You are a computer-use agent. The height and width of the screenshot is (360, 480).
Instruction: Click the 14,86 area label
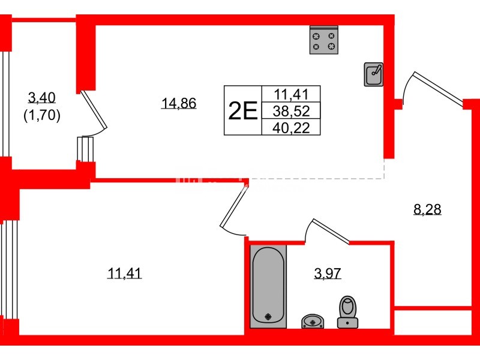(x=179, y=103)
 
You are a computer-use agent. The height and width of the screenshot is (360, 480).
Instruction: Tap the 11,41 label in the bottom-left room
(x=125, y=274)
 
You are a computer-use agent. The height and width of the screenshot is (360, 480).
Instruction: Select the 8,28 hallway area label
(x=428, y=209)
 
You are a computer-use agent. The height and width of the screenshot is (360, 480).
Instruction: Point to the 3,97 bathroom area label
(x=327, y=274)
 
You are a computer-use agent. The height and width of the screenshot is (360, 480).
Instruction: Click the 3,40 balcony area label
(x=41, y=96)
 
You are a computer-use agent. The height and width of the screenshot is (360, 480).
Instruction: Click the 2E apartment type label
(x=242, y=111)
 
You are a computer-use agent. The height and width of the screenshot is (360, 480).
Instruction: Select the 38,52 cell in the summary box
(x=291, y=110)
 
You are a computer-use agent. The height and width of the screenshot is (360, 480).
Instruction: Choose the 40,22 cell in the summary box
(x=291, y=127)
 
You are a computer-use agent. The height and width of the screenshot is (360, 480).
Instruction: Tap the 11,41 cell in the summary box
(x=291, y=94)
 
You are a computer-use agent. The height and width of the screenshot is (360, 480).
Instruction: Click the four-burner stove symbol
(x=323, y=40)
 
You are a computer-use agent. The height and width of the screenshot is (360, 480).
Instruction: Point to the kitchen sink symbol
(x=374, y=74)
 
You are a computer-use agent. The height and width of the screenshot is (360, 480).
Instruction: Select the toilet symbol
(x=347, y=313)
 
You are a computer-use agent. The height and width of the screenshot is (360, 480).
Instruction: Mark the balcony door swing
(x=94, y=114)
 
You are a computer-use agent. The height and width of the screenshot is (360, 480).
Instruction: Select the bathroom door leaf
(x=329, y=232)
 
